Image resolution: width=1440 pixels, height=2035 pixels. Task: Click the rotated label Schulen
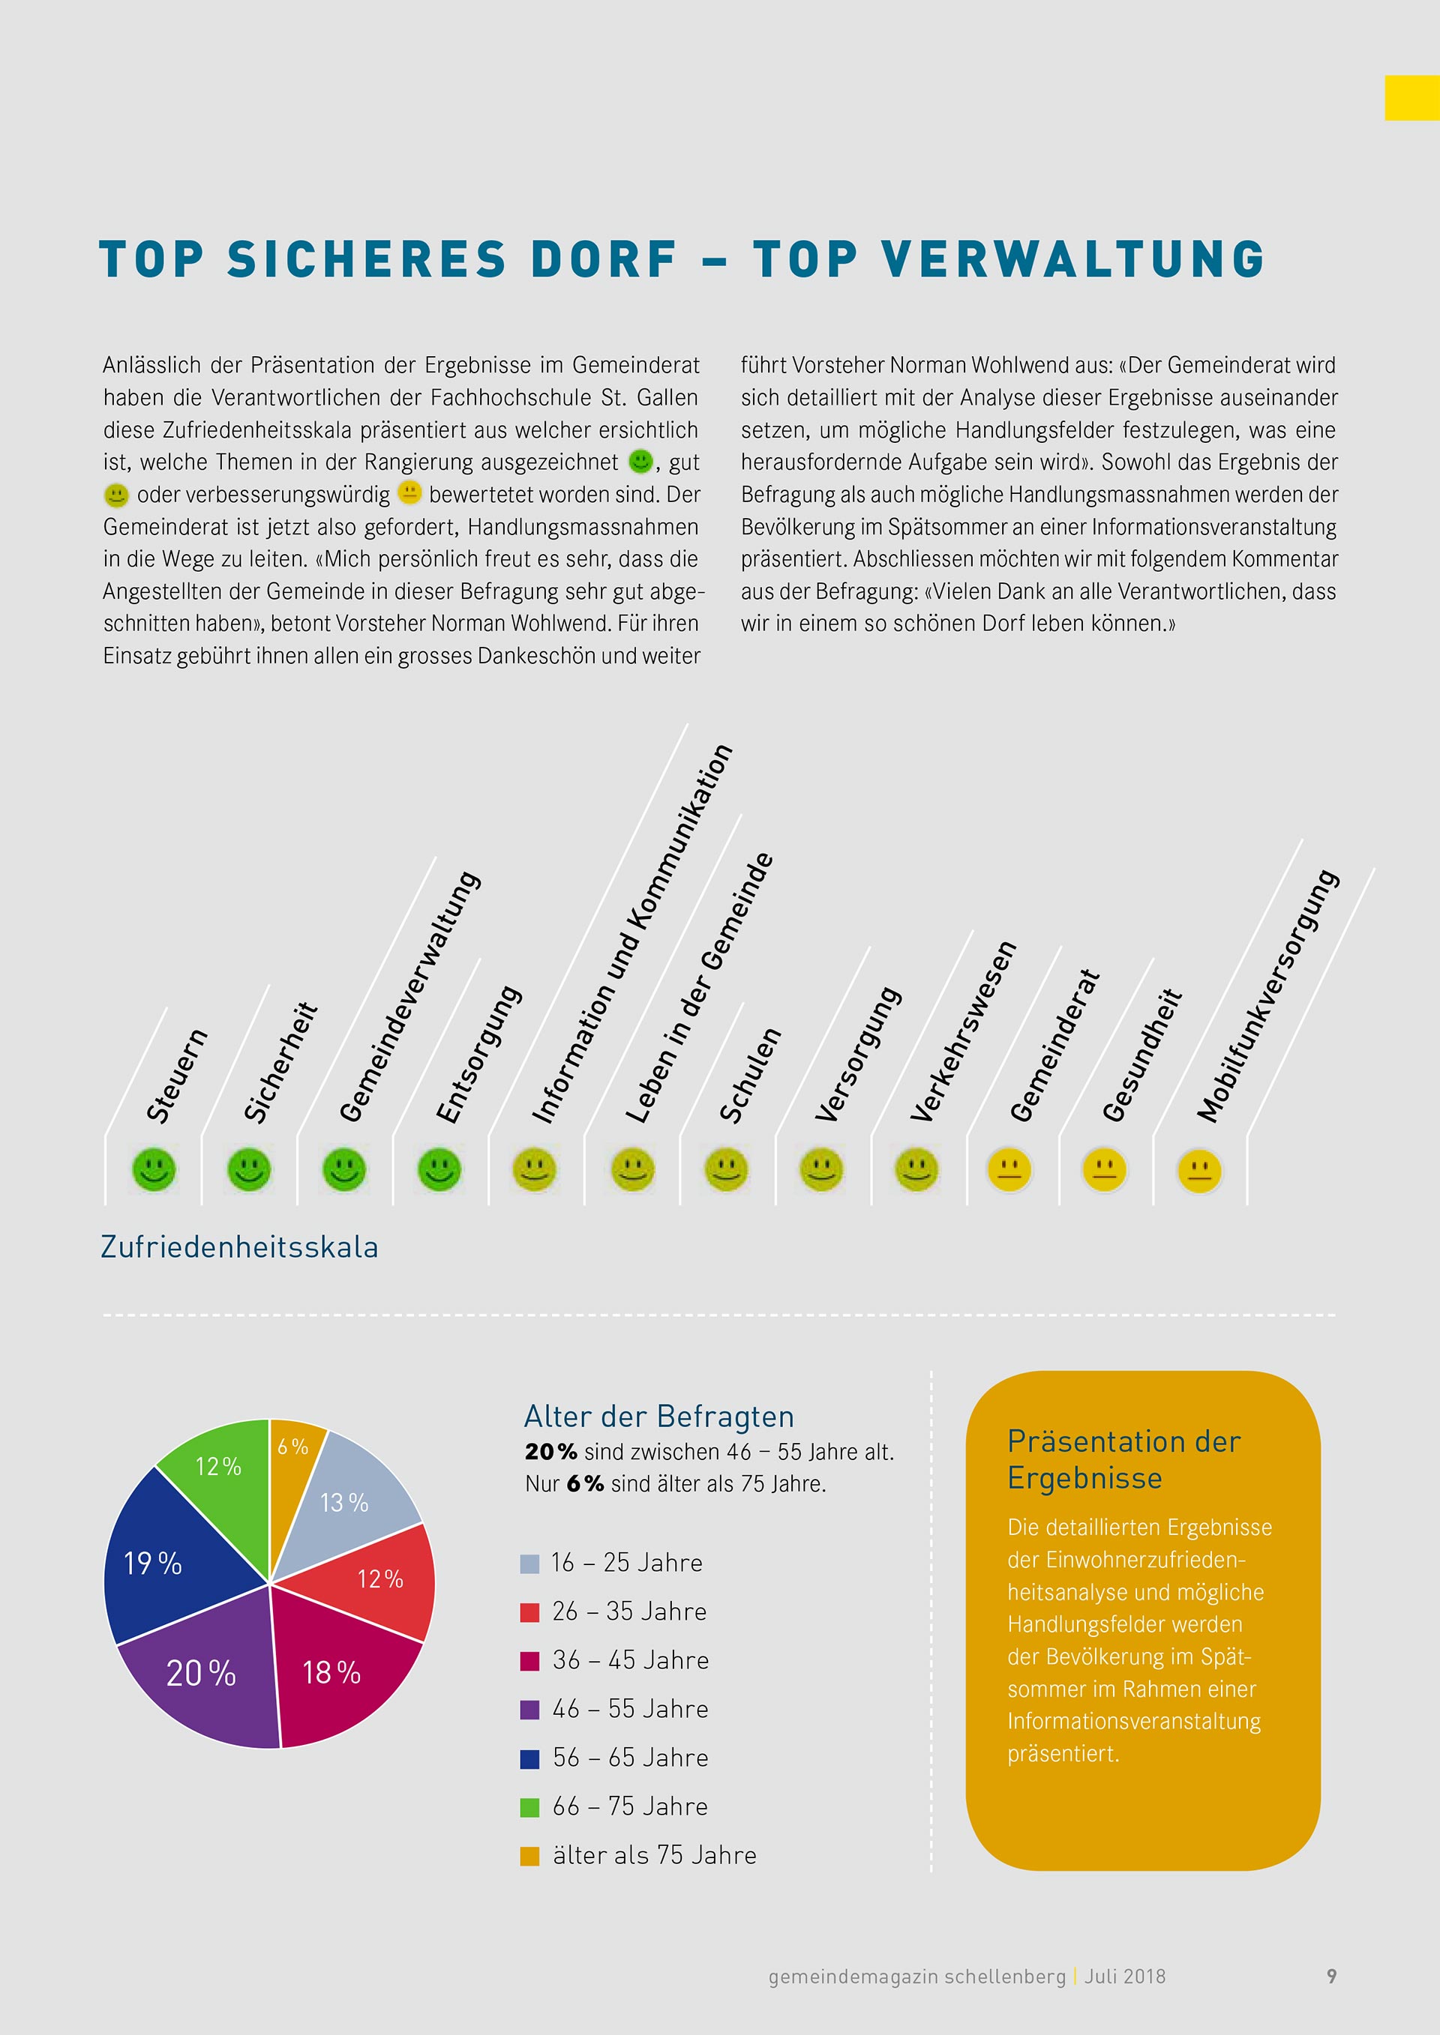[750, 1074]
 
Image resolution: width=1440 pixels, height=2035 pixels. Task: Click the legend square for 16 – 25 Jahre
[529, 1564]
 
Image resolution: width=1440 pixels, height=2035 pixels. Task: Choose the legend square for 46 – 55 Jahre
[529, 1710]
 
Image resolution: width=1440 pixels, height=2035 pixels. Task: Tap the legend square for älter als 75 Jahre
[529, 1856]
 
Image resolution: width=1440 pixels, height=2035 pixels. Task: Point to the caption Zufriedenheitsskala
[239, 1247]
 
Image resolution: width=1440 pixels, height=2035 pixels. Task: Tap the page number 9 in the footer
[1331, 1976]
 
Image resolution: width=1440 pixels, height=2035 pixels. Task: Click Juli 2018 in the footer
[1124, 1977]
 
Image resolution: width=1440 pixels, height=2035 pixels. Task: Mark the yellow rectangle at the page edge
[1411, 97]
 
